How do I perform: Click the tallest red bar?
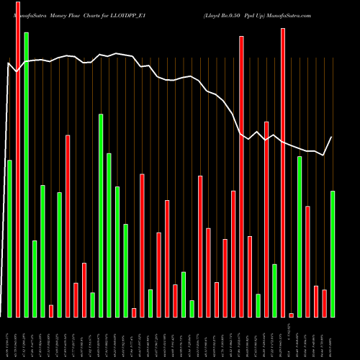tap(18, 158)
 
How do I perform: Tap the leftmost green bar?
tap(9, 238)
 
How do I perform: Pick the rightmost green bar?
tap(333, 253)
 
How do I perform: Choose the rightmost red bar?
tap(324, 303)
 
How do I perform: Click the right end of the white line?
tap(332, 137)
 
